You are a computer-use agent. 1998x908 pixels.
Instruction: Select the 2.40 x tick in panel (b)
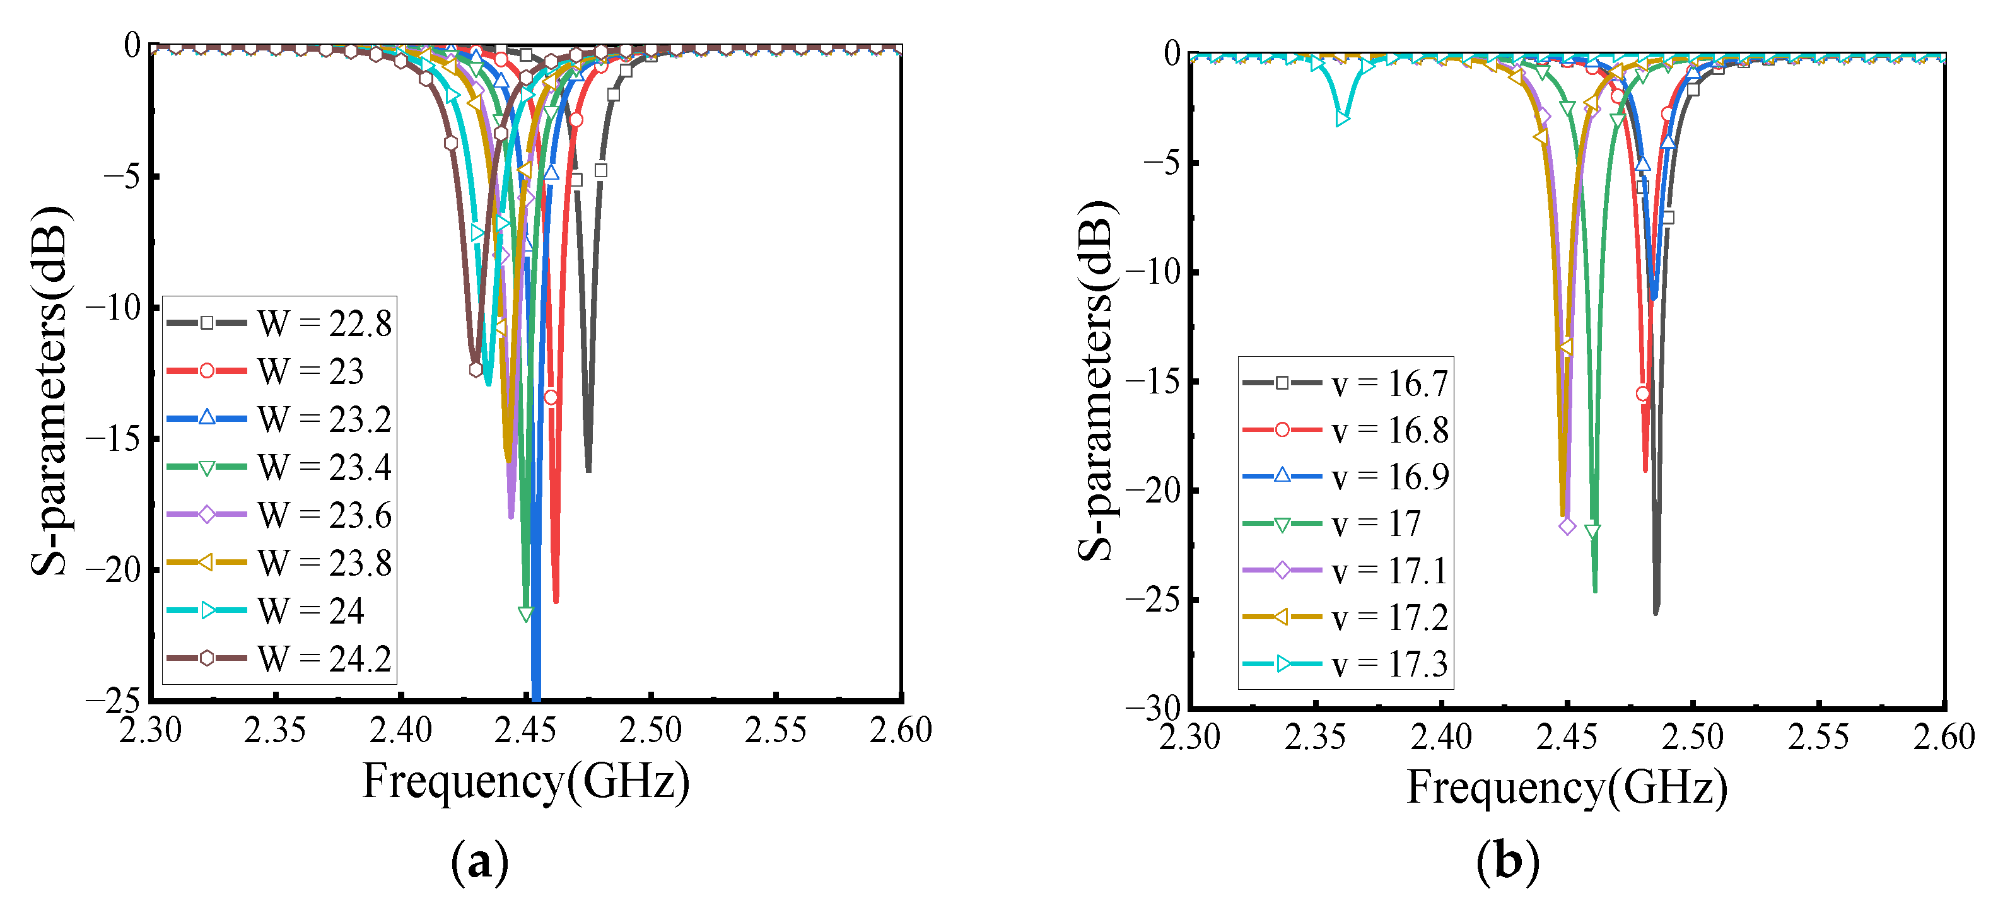point(1440,736)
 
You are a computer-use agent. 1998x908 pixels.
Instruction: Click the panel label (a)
point(479,861)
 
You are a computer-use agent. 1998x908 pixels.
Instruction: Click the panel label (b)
point(1507,861)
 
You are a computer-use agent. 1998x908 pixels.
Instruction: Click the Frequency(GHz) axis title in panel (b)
point(1567,787)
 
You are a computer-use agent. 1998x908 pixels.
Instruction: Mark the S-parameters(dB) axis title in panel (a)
point(50,392)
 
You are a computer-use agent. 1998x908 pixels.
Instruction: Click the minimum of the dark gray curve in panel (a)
point(588,469)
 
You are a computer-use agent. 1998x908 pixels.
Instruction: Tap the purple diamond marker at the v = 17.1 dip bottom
point(1567,527)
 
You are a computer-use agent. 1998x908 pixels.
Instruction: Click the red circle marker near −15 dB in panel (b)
point(1642,394)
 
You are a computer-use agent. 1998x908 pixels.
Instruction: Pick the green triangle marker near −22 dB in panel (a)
point(526,615)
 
